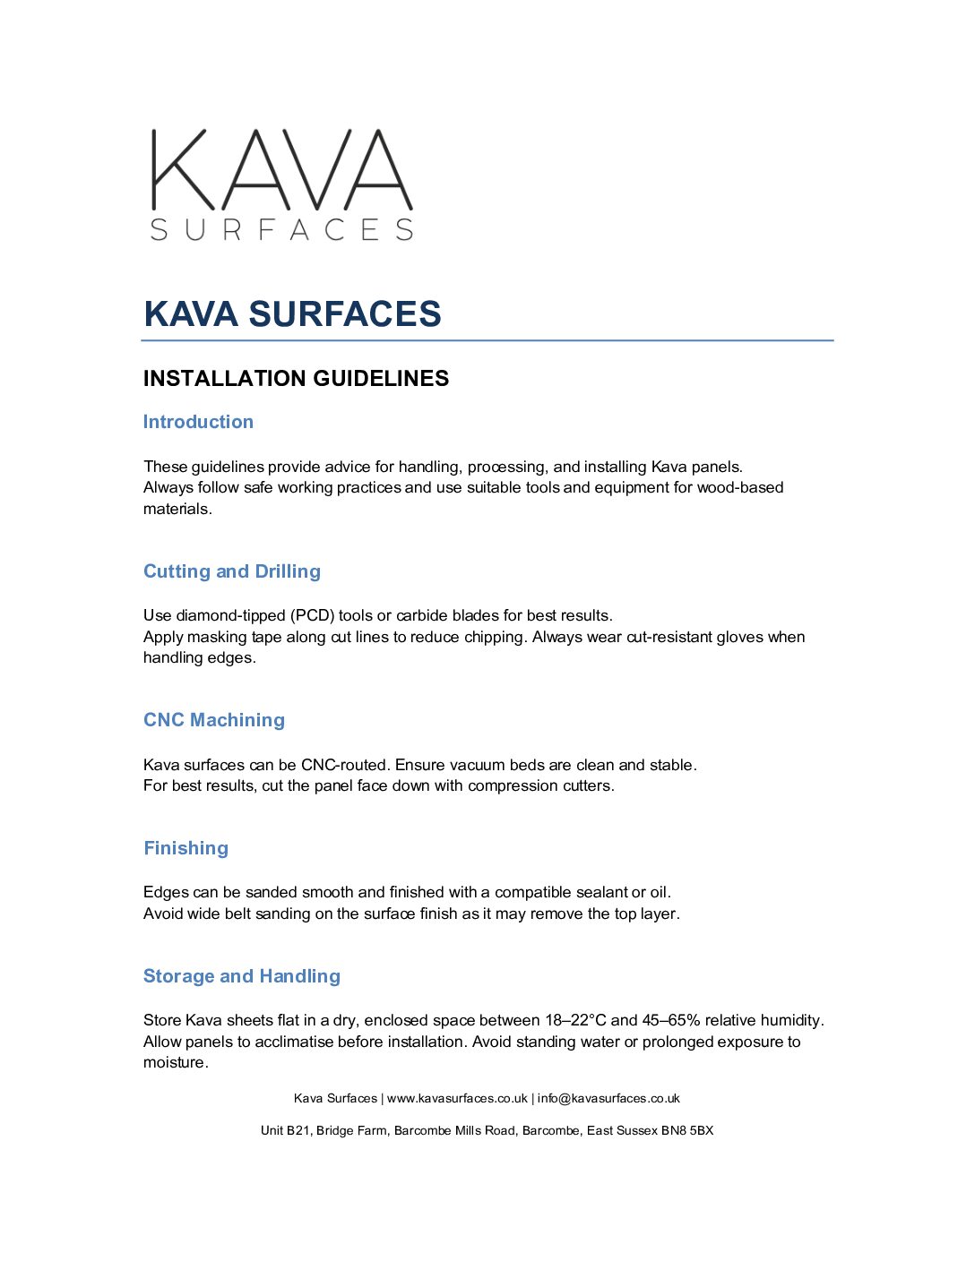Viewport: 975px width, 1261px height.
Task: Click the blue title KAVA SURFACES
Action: (292, 314)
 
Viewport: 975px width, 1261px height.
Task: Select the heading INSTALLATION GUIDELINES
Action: (296, 379)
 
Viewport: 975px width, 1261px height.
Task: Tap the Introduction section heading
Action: (198, 422)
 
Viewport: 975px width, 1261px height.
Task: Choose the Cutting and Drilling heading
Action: (232, 571)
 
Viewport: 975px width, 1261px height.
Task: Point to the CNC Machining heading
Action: (214, 720)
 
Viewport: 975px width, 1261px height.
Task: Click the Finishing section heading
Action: (186, 848)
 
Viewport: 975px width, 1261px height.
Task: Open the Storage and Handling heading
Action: (242, 976)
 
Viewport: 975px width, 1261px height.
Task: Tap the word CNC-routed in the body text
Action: (344, 765)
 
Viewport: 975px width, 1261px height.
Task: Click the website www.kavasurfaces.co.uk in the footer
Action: (457, 1099)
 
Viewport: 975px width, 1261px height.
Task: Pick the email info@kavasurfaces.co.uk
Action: (608, 1099)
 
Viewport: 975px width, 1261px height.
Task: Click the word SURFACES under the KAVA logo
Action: (281, 230)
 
